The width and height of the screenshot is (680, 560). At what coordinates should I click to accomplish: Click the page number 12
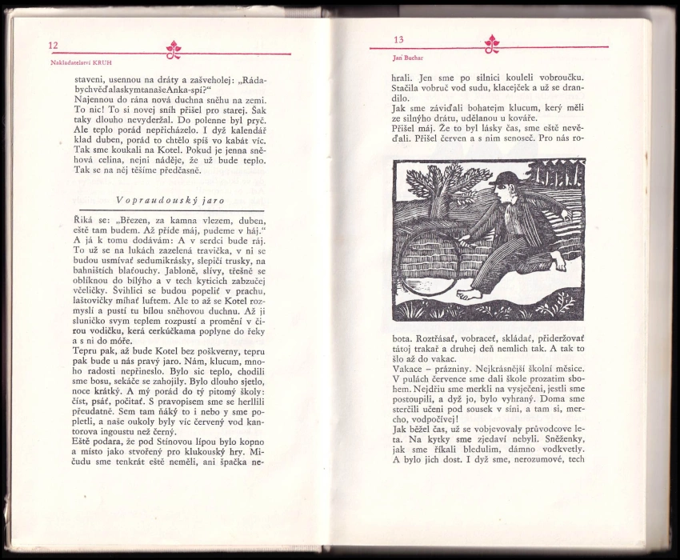53,46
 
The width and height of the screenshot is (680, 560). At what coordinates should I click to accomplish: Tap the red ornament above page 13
493,42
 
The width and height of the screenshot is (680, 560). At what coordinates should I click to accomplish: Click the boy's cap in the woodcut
506,180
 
